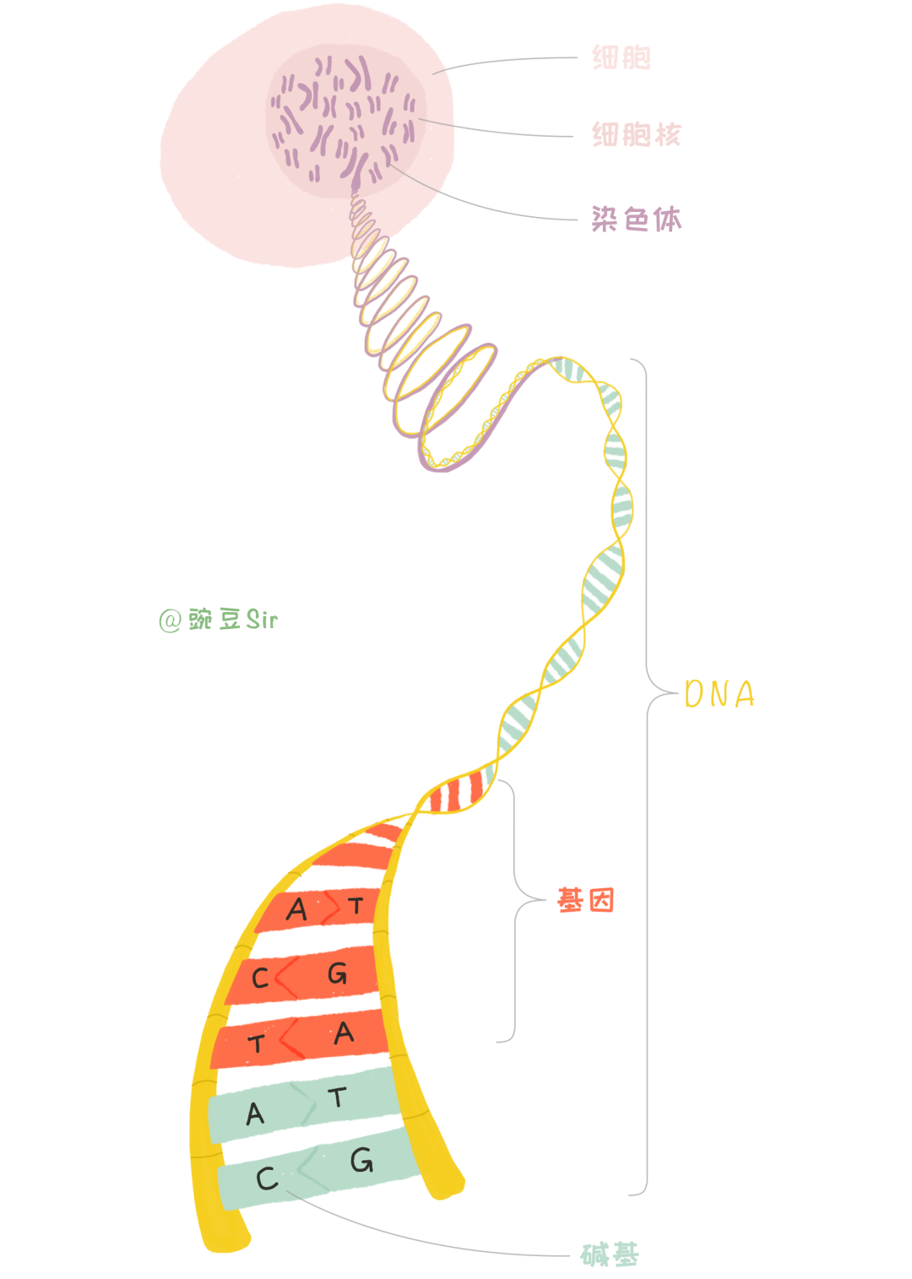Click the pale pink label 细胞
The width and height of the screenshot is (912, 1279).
pyautogui.click(x=621, y=57)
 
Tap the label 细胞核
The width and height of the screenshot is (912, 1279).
pyautogui.click(x=636, y=134)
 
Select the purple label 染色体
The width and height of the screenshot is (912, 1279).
pyautogui.click(x=636, y=219)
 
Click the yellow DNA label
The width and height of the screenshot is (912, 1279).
pyautogui.click(x=719, y=695)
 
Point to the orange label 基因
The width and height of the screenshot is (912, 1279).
pyautogui.click(x=585, y=901)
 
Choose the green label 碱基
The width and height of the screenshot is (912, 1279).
pyautogui.click(x=610, y=1255)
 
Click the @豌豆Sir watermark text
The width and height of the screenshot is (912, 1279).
pyautogui.click(x=218, y=620)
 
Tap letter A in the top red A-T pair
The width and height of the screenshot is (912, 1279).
pyautogui.click(x=296, y=910)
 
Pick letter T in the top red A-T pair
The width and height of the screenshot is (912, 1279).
pyautogui.click(x=356, y=907)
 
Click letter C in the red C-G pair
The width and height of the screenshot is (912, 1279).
pyautogui.click(x=260, y=978)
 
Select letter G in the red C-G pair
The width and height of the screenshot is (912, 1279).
pyautogui.click(x=337, y=973)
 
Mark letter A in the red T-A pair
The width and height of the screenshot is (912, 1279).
pyautogui.click(x=344, y=1033)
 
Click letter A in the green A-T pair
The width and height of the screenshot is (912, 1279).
pyautogui.click(x=255, y=1114)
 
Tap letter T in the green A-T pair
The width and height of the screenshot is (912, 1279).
pyautogui.click(x=338, y=1097)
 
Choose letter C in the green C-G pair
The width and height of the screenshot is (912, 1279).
pyautogui.click(x=267, y=1179)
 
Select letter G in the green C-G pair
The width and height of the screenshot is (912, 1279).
pyautogui.click(x=361, y=1161)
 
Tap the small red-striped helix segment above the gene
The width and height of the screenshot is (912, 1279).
pyautogui.click(x=456, y=794)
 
